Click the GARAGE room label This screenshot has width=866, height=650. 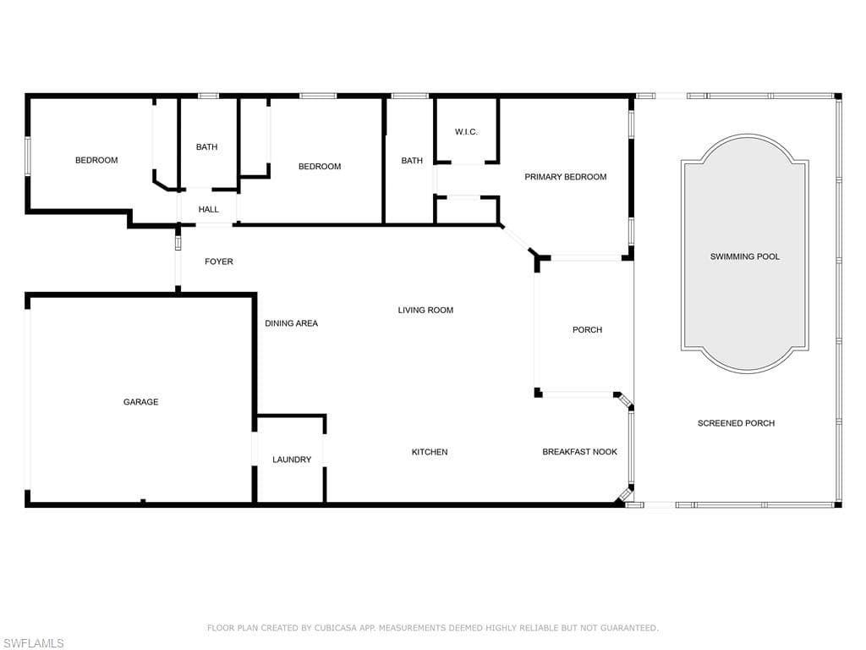(141, 402)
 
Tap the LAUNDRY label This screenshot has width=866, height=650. (292, 460)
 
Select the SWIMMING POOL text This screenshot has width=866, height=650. (745, 256)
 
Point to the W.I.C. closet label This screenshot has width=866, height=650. (466, 131)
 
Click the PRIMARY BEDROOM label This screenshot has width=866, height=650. (566, 177)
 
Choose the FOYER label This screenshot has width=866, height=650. (219, 262)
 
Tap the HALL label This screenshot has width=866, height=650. (209, 210)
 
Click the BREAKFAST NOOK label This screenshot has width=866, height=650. (580, 452)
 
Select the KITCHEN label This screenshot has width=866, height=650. (430, 452)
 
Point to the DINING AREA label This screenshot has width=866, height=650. (292, 323)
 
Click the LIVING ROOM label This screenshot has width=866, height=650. (426, 310)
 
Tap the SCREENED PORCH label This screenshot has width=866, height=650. (737, 423)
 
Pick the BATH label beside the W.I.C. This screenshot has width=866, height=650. (412, 160)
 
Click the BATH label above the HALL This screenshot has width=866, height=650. (206, 147)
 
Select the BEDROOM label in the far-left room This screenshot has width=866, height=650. (96, 160)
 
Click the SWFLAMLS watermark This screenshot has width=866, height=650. (32, 643)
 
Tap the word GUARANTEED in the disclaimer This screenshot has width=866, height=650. (629, 628)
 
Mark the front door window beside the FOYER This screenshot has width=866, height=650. (178, 243)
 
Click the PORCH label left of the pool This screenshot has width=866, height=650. (587, 330)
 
